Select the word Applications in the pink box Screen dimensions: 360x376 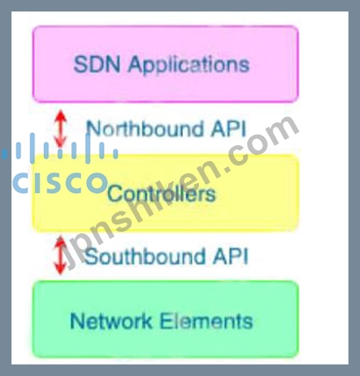pyautogui.click(x=188, y=65)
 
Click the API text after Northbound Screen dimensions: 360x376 pyautogui.click(x=228, y=129)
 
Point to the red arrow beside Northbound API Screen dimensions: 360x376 pyautogui.click(x=61, y=129)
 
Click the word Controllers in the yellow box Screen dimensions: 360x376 pyautogui.click(x=162, y=194)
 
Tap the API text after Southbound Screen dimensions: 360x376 pyautogui.click(x=231, y=256)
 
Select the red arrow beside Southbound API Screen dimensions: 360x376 pyautogui.click(x=61, y=255)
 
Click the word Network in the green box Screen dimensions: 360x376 pyautogui.click(x=111, y=321)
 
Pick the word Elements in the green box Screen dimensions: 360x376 pyautogui.click(x=206, y=321)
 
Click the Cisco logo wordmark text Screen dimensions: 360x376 pyautogui.click(x=60, y=182)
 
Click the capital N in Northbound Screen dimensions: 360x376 pyautogui.click(x=94, y=129)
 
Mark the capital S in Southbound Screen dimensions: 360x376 pyautogui.click(x=92, y=256)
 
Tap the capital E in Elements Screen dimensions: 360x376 pyautogui.click(x=165, y=321)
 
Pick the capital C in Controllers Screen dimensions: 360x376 pyautogui.click(x=114, y=194)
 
